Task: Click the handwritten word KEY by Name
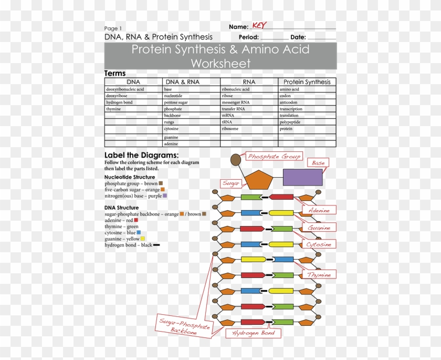[259, 26]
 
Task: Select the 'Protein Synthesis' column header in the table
[307, 82]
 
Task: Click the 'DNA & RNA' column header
[182, 82]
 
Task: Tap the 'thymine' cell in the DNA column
[113, 109]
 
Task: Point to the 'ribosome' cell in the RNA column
[230, 129]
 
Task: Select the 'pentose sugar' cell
[176, 102]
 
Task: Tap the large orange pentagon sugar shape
[261, 180]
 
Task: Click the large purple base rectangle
[302, 177]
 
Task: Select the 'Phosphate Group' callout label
[274, 157]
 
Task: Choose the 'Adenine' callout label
[319, 210]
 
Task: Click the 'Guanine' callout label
[319, 228]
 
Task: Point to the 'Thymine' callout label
[319, 275]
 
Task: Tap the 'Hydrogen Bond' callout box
[253, 333]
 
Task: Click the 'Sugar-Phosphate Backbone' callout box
[184, 326]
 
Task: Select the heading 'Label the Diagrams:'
[141, 155]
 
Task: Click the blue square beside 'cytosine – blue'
[139, 232]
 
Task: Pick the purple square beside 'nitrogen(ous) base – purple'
[165, 196]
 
